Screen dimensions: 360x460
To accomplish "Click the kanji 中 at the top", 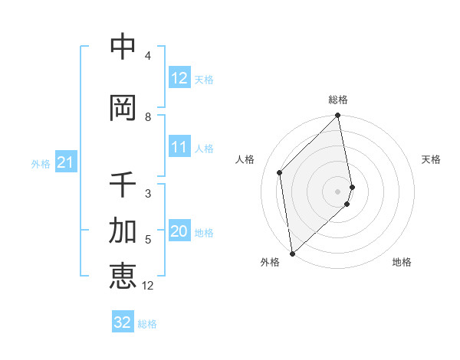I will (x=123, y=47).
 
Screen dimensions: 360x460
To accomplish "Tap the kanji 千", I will (x=123, y=185).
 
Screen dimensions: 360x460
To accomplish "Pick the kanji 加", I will (x=123, y=231).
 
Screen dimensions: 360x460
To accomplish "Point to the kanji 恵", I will (x=123, y=276).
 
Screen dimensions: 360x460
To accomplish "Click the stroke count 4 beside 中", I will (x=148, y=56).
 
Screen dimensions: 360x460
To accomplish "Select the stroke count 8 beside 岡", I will (x=148, y=117).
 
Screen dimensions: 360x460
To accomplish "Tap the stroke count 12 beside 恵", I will (x=149, y=286).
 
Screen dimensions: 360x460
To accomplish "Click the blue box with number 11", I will (x=179, y=147).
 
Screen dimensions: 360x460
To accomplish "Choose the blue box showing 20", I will (x=179, y=232).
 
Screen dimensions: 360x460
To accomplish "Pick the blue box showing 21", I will (x=65, y=162).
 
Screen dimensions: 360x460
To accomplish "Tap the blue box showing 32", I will (x=123, y=322).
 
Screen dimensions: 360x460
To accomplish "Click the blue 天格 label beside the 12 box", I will (x=204, y=80).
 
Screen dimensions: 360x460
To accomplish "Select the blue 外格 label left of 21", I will (x=41, y=163).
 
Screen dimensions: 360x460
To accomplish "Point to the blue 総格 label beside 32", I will (x=147, y=323).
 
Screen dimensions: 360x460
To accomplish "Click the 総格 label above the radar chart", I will (x=338, y=100).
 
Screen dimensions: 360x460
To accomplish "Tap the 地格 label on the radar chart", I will (x=402, y=262).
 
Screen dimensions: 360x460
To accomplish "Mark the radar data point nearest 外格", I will (x=291, y=254).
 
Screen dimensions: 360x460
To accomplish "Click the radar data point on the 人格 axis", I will (x=280, y=172).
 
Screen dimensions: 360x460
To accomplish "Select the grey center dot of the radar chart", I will (x=338, y=191).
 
